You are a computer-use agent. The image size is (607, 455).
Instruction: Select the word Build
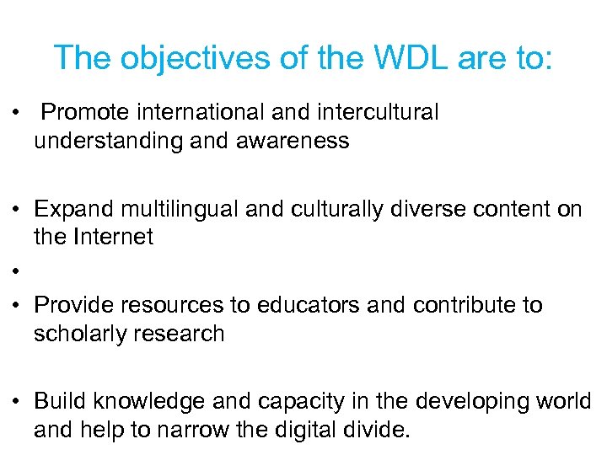(61, 402)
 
